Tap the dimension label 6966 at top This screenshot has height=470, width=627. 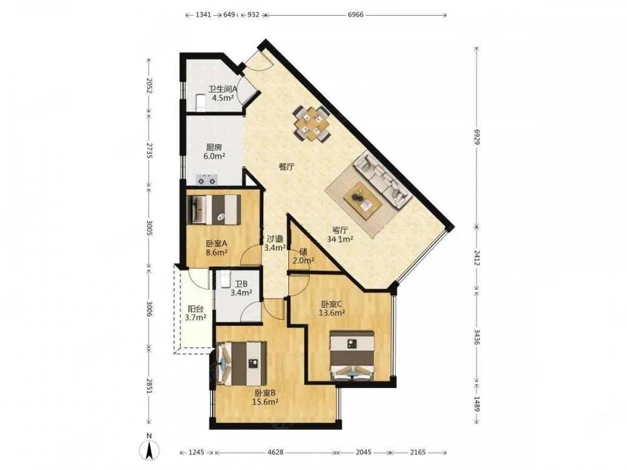tap(356, 15)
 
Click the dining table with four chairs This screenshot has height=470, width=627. tap(312, 123)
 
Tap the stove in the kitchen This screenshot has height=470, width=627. tap(206, 180)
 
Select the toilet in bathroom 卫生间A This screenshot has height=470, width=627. tap(201, 103)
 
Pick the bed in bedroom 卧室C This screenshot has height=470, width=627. tap(352, 355)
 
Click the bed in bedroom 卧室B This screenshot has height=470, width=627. tap(241, 363)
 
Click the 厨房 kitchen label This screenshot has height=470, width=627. tap(214, 147)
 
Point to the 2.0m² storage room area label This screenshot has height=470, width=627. tap(303, 261)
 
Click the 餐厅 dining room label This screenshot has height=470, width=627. tap(287, 167)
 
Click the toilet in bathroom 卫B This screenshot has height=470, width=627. tap(225, 279)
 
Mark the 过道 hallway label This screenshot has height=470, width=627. tap(275, 239)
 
